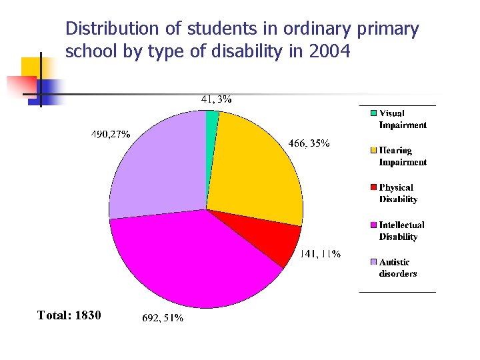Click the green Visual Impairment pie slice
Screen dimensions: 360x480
click(212, 119)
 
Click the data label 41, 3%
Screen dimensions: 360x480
click(216, 99)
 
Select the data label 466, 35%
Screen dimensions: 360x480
click(308, 143)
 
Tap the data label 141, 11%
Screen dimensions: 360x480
click(320, 254)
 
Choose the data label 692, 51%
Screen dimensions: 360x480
click(163, 319)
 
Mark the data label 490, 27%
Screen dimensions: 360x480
click(110, 134)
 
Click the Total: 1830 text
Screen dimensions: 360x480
click(69, 315)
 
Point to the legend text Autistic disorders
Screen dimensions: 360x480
click(398, 268)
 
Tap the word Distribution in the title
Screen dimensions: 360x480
click(107, 29)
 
